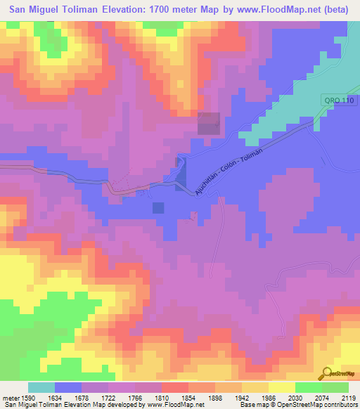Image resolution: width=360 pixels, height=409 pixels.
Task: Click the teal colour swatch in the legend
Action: (x=41, y=387)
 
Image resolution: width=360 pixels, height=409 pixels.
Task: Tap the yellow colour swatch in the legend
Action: (x=281, y=387)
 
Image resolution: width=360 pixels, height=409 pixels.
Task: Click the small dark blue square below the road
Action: (x=158, y=207)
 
